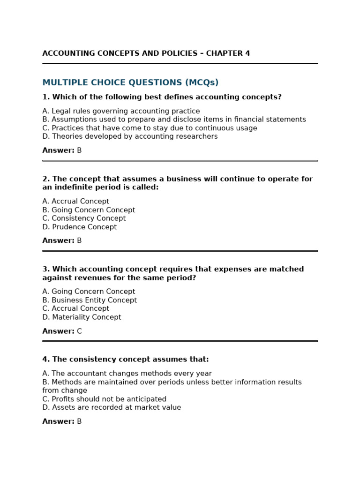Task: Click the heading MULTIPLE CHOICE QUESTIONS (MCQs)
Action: point(130,83)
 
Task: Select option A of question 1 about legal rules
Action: point(121,111)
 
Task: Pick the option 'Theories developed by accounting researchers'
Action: point(130,136)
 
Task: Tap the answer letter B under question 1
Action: point(79,150)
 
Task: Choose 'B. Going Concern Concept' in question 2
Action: point(89,210)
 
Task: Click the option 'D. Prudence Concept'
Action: point(79,227)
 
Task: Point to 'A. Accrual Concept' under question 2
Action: point(75,202)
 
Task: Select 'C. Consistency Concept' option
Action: point(84,218)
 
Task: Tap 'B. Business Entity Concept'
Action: point(90,300)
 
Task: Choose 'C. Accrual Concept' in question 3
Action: point(75,308)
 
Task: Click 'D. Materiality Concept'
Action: point(82,317)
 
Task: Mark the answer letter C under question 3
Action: point(79,331)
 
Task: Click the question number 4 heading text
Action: point(125,360)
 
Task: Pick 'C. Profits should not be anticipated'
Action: point(104,399)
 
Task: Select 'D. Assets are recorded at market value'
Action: point(112,407)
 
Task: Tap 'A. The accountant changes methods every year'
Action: point(127,374)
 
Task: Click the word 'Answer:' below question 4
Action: point(58,421)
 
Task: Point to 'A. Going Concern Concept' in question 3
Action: point(89,292)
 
